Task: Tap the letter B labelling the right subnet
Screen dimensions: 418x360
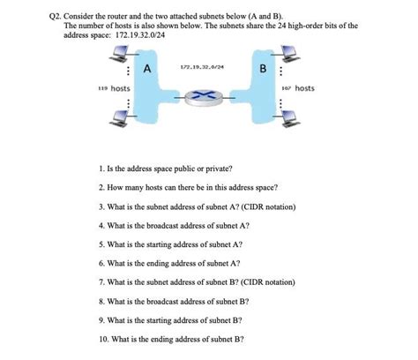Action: tap(263, 68)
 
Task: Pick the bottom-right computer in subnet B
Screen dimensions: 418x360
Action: tap(295, 129)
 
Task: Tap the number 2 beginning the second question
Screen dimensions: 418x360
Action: tap(102, 188)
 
